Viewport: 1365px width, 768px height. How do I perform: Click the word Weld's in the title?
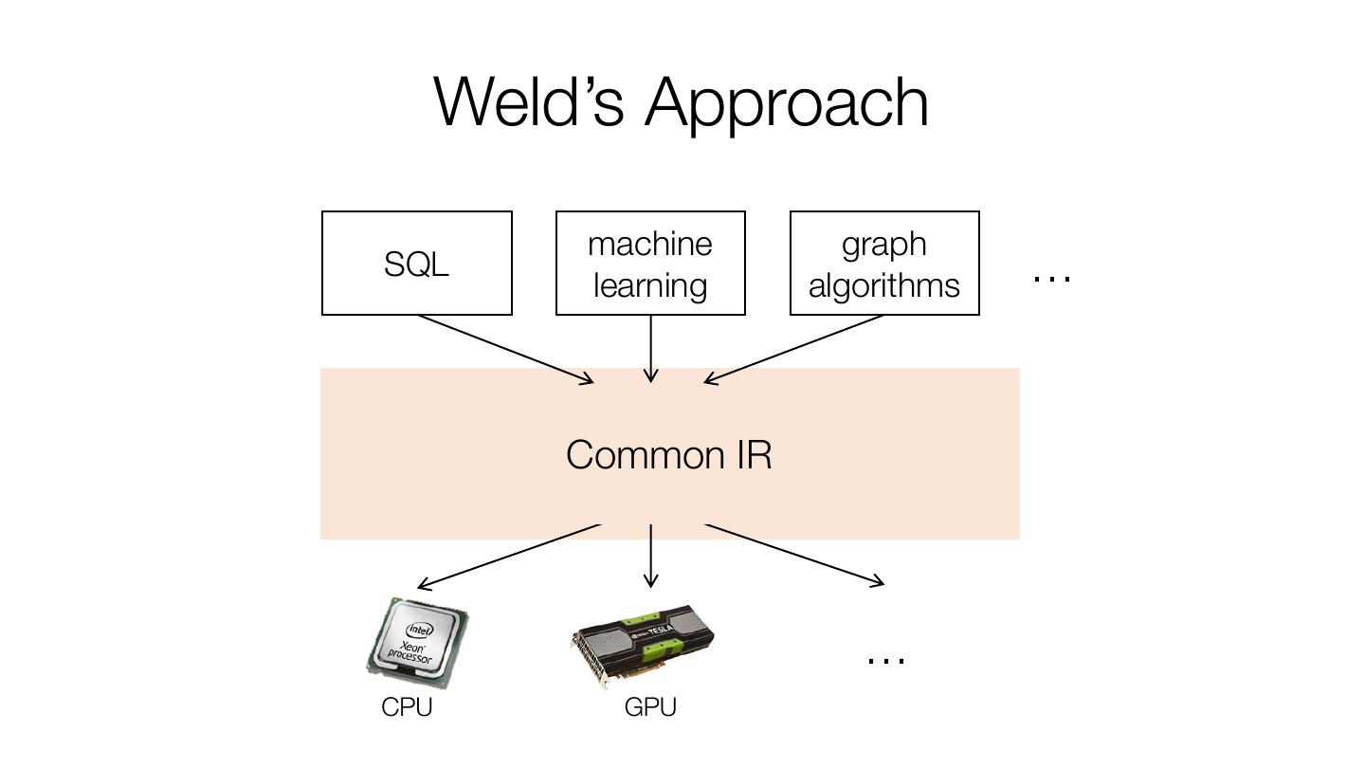click(528, 101)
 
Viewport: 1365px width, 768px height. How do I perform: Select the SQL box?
click(417, 264)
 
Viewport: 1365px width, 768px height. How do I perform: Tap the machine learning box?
click(650, 264)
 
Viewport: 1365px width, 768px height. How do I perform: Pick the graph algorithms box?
click(884, 264)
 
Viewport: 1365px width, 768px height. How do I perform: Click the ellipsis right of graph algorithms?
click(1051, 278)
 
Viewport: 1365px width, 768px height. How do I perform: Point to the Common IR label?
click(669, 455)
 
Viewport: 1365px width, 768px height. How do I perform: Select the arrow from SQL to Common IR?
click(505, 349)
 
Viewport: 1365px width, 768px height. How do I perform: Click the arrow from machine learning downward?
click(650, 349)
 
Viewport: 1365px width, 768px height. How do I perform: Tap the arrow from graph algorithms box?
click(794, 349)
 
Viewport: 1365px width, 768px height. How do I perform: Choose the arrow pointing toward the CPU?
click(509, 556)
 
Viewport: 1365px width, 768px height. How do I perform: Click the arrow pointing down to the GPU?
click(650, 556)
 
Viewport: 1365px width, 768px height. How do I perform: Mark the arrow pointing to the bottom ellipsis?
click(794, 555)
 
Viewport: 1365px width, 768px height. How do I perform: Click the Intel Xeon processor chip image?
click(417, 642)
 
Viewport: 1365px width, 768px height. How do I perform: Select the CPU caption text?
click(407, 707)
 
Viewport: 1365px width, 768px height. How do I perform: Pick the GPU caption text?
click(650, 707)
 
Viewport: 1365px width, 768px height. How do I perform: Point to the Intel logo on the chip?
click(419, 629)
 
